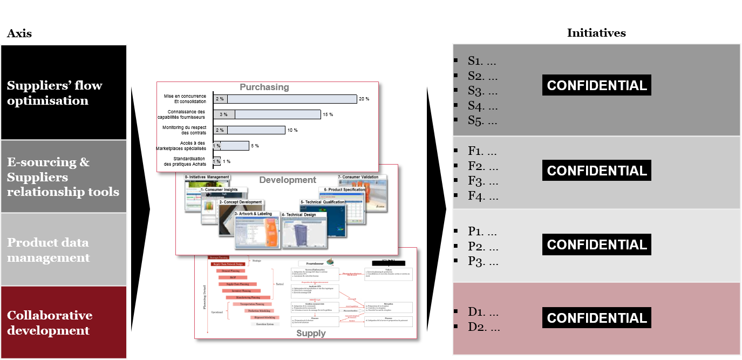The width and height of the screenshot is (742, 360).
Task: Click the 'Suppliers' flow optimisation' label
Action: point(55,93)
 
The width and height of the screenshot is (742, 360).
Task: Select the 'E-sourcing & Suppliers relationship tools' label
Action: point(63,177)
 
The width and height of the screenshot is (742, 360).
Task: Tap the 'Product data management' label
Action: point(48,250)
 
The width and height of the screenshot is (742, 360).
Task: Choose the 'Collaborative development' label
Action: point(50,323)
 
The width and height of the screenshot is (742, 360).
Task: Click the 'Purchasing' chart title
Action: point(264,87)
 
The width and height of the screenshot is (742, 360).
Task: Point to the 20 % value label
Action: point(364,99)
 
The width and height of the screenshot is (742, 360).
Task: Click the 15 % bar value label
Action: point(328,114)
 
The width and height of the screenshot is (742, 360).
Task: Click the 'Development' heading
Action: point(288,180)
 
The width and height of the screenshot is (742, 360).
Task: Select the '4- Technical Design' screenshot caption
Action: point(304,214)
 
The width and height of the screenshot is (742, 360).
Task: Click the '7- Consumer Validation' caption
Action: point(358,177)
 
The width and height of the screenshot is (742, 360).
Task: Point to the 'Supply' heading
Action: point(311,333)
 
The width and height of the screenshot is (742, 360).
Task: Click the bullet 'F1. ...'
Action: point(483,151)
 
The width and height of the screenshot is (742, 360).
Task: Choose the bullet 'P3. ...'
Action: point(483,262)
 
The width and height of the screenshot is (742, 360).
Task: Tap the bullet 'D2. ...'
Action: point(484,327)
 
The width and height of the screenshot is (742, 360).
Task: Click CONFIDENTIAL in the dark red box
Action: point(597,318)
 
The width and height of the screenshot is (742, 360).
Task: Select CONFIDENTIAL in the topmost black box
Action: point(597,85)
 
